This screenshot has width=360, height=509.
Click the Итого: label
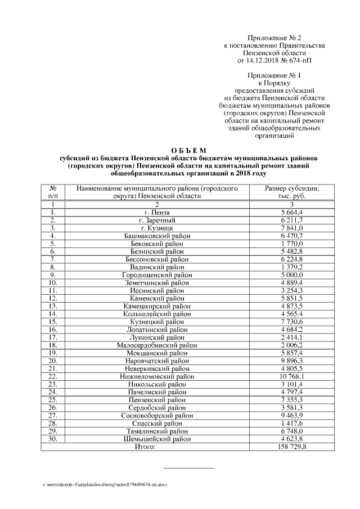145,447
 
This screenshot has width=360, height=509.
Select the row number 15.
52,321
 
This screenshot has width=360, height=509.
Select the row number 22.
52,376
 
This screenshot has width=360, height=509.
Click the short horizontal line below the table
188,467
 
